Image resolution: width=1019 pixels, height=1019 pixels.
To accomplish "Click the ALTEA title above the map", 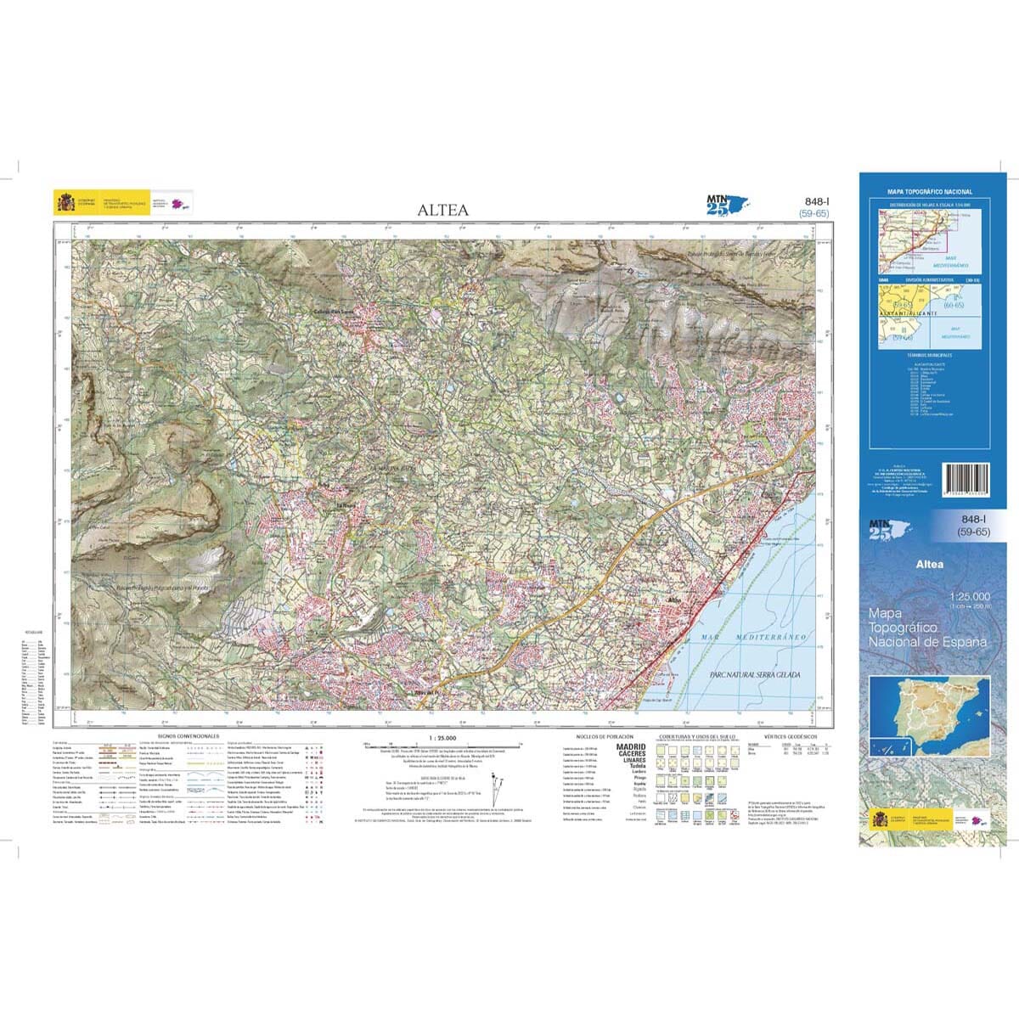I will [442, 211].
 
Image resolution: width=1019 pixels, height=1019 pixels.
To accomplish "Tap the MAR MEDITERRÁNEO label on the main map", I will [754, 636].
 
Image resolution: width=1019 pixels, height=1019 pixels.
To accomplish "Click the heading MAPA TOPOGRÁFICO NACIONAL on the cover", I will [930, 193].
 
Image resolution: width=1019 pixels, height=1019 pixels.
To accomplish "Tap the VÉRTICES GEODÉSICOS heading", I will [790, 736].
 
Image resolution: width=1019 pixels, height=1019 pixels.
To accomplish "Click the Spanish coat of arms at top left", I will [65, 204].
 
